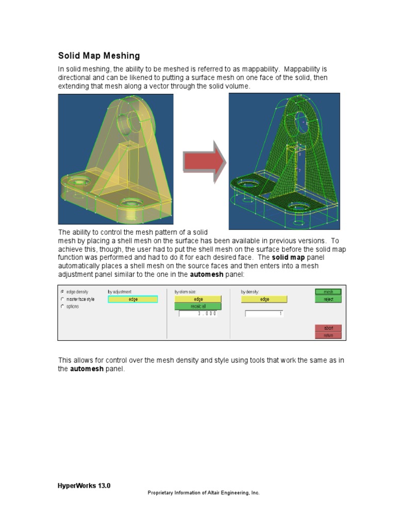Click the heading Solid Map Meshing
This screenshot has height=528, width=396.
point(98,56)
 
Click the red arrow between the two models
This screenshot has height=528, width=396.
point(205,162)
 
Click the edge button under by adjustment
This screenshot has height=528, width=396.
point(133,299)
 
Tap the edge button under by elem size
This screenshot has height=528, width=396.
point(198,299)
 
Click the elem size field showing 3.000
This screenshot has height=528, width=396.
point(198,313)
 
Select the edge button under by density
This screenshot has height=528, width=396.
point(264,299)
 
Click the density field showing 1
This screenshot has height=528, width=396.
point(264,313)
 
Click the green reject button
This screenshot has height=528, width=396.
point(328,299)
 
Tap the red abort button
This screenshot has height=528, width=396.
point(328,328)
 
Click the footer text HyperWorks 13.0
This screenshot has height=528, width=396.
point(84,485)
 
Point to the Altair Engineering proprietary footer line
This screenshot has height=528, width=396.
point(203,493)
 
